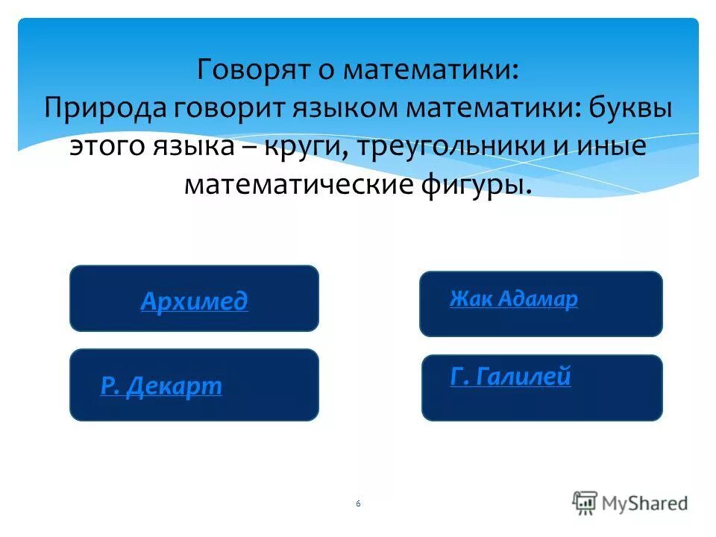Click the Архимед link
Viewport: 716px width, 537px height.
pos(194,301)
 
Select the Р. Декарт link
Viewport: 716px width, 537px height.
pos(161,386)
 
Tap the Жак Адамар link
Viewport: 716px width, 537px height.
pos(513,299)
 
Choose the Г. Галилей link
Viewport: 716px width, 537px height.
pos(511,377)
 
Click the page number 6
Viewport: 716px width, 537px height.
pos(358,504)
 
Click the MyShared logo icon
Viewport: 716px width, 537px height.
pos(585,503)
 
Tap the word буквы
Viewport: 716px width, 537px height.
pos(629,108)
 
